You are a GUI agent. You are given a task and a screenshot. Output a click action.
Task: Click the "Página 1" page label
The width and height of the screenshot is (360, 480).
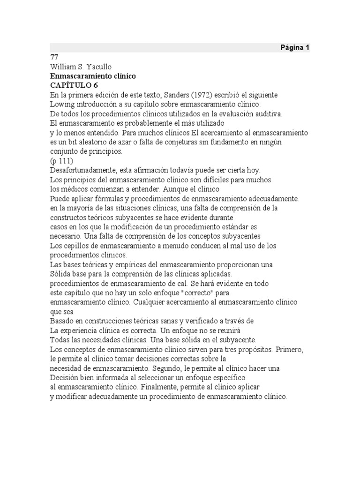coord(295,48)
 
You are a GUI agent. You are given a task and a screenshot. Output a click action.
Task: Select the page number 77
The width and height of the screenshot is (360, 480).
coord(54,57)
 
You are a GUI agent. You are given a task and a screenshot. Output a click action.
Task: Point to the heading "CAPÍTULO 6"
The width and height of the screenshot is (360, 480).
coord(74,85)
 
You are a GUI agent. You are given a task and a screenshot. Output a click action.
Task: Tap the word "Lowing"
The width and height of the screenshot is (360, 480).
coord(62,104)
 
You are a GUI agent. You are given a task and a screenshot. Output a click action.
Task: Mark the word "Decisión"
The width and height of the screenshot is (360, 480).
coord(65,378)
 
